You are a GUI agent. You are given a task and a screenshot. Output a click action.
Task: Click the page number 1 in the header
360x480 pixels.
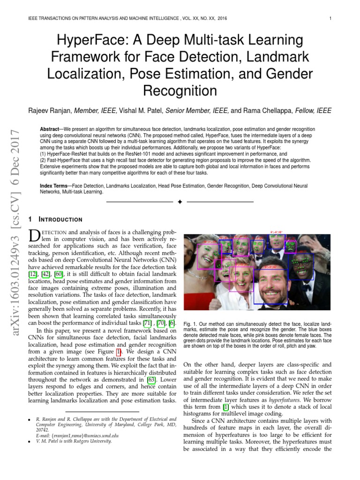(x=330, y=19)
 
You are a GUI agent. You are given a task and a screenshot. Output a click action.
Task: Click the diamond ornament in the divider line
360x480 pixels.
(x=180, y=202)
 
